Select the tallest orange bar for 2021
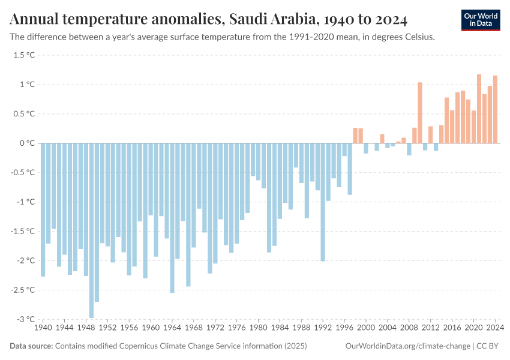click(479, 109)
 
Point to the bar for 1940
click(43, 209)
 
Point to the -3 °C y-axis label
click(25, 319)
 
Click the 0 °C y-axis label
click(27, 143)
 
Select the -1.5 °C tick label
click(23, 231)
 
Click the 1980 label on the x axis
click(258, 328)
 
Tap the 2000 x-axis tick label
click(366, 328)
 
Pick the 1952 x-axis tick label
click(107, 328)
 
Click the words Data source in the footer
click(31, 346)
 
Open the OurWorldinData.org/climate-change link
click(407, 346)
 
